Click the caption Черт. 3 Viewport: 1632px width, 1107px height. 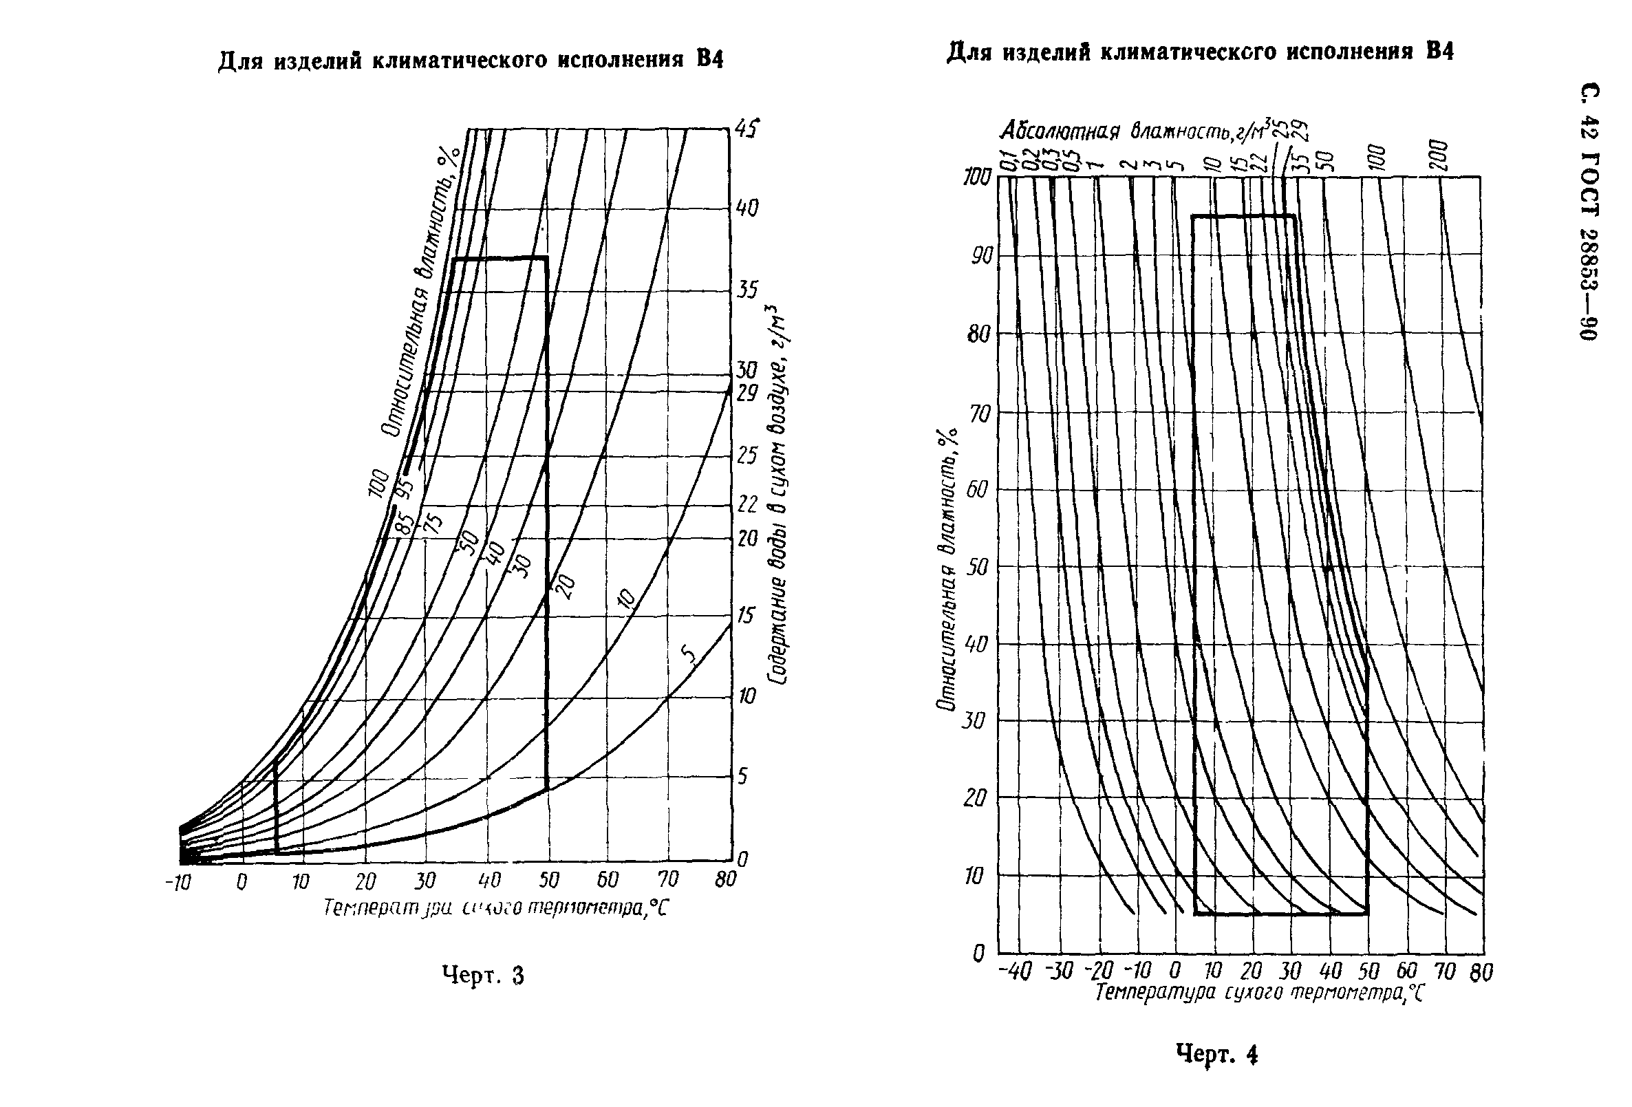tap(483, 976)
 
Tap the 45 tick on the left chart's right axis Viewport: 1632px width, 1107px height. tap(747, 129)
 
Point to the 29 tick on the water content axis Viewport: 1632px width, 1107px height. tap(747, 394)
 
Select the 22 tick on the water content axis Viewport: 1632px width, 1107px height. tap(747, 504)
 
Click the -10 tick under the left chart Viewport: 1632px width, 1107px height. tap(178, 882)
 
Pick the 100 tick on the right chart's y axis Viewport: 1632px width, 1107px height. tap(977, 177)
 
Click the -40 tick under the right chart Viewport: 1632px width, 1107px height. tap(1016, 971)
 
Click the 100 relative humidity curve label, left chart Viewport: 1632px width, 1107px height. tap(378, 483)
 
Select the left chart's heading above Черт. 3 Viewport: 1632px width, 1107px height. tap(471, 61)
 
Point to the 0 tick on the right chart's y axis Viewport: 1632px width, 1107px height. tap(979, 954)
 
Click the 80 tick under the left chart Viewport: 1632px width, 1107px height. tap(725, 879)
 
